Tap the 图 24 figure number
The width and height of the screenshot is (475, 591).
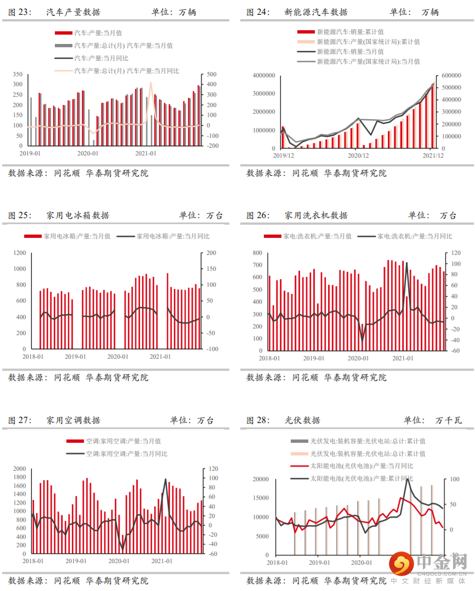(x=257, y=12)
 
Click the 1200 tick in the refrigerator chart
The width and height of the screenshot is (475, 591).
(x=19, y=253)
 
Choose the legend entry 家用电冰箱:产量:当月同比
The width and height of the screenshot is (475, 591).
(x=172, y=237)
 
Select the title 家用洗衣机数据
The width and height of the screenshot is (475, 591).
(x=316, y=215)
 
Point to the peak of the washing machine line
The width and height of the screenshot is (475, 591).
(x=406, y=263)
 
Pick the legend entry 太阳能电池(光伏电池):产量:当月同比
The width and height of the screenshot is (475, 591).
(x=361, y=466)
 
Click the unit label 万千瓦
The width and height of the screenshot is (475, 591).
(x=448, y=420)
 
